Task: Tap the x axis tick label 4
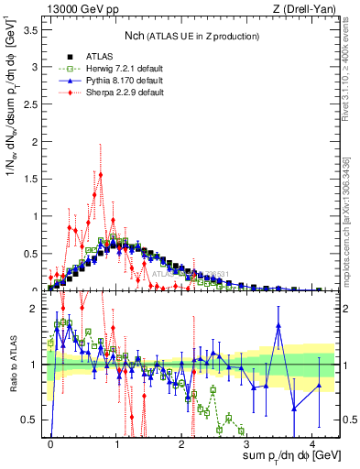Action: click(x=313, y=442)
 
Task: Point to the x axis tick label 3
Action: click(x=247, y=442)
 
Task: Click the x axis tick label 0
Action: click(x=50, y=442)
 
